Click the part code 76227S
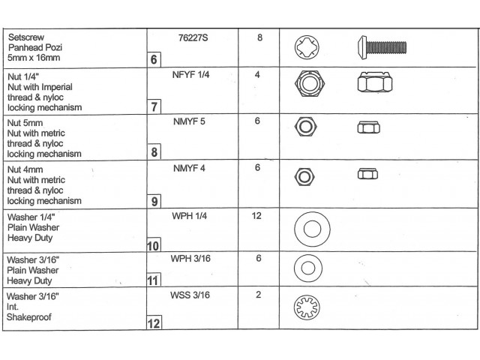pos(193,38)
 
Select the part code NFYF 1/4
pos(190,75)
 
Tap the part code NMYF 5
pos(189,121)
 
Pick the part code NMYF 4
pos(189,168)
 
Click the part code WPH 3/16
pos(190,259)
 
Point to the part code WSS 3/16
pos(190,295)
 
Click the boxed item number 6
pos(154,59)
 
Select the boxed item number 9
pos(154,202)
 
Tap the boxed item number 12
pos(154,323)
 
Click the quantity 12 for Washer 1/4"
pos(256,216)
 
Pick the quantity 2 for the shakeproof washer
pos(258,295)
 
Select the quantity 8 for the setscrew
pos(260,37)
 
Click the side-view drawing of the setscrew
pos(382,47)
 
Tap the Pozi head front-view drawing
pos(307,47)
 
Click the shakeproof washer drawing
pos(307,307)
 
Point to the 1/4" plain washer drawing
pos(312,229)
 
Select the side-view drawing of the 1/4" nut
pos(375,82)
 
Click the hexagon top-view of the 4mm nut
pos(304,177)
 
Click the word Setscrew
pos(26,37)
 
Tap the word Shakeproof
pos(29,317)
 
